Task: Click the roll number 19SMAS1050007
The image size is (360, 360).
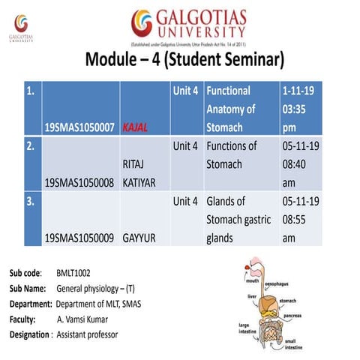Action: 79,127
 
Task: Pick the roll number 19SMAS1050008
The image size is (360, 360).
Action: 79,181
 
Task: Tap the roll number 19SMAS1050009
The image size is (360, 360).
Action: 79,238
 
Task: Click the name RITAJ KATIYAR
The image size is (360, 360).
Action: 141,172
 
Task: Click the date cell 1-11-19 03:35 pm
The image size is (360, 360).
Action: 299,109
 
